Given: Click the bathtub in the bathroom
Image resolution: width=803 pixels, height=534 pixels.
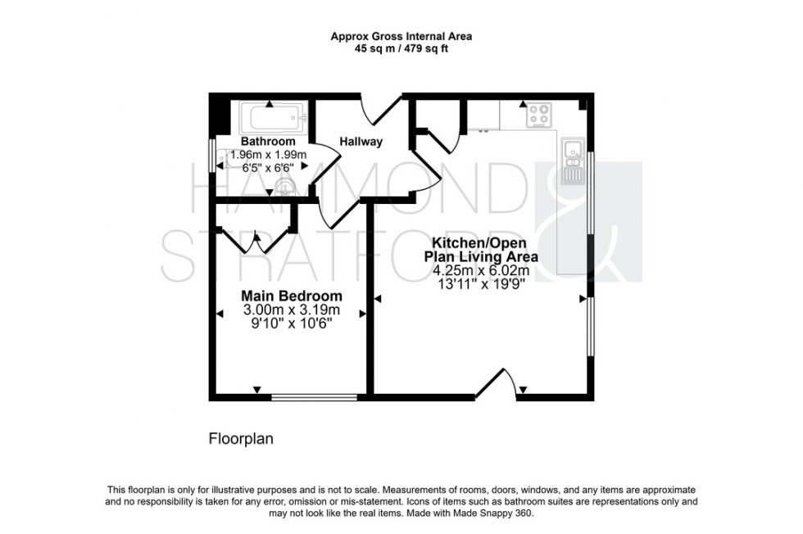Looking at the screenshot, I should click(273, 120).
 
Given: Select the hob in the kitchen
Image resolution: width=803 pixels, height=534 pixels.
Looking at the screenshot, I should click(538, 115).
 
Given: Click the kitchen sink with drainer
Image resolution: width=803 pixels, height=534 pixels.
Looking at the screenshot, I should click(571, 161).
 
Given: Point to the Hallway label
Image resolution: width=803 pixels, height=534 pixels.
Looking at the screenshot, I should click(361, 142).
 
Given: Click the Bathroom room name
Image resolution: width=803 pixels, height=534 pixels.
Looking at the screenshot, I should click(268, 142).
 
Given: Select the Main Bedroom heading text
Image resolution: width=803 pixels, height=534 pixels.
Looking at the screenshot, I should click(291, 295).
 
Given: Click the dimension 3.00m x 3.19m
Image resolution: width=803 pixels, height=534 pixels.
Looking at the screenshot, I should click(291, 310).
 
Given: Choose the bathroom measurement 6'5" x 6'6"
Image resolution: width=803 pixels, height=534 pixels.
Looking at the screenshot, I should click(268, 167).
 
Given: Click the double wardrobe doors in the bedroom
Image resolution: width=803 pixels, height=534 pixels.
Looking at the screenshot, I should click(257, 238).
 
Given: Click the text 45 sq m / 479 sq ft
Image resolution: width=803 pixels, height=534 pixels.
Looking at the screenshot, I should click(401, 48).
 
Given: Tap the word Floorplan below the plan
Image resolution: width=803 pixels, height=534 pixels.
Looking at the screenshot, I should click(239, 439).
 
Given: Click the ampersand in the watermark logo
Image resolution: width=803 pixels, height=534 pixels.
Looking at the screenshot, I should click(588, 221).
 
